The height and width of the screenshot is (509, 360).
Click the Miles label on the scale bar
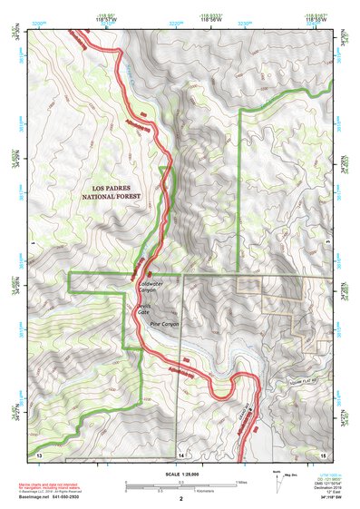(x=242, y=482)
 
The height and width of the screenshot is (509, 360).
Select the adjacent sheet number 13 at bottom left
(x=39, y=453)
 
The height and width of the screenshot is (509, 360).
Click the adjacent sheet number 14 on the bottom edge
(x=180, y=453)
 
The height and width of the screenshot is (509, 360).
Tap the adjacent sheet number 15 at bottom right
(x=322, y=453)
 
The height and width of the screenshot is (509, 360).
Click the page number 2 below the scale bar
(x=180, y=500)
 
